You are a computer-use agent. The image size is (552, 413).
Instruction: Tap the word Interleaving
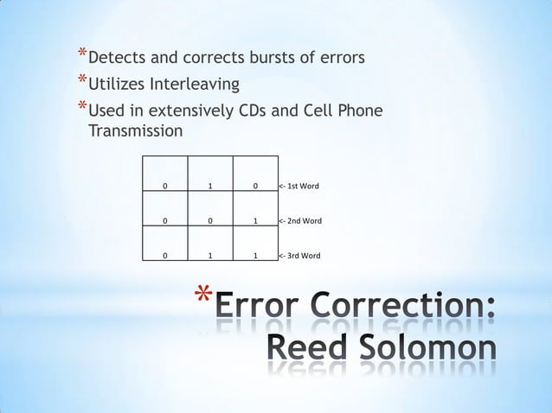pyautogui.click(x=197, y=85)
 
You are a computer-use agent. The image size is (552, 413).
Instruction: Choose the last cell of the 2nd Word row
pyautogui.click(x=255, y=221)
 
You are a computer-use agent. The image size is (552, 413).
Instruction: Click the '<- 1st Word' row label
pyautogui.click(x=299, y=186)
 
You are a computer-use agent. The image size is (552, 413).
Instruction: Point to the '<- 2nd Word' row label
pyautogui.click(x=300, y=221)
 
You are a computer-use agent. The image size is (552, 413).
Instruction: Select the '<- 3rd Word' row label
pyautogui.click(x=299, y=256)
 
